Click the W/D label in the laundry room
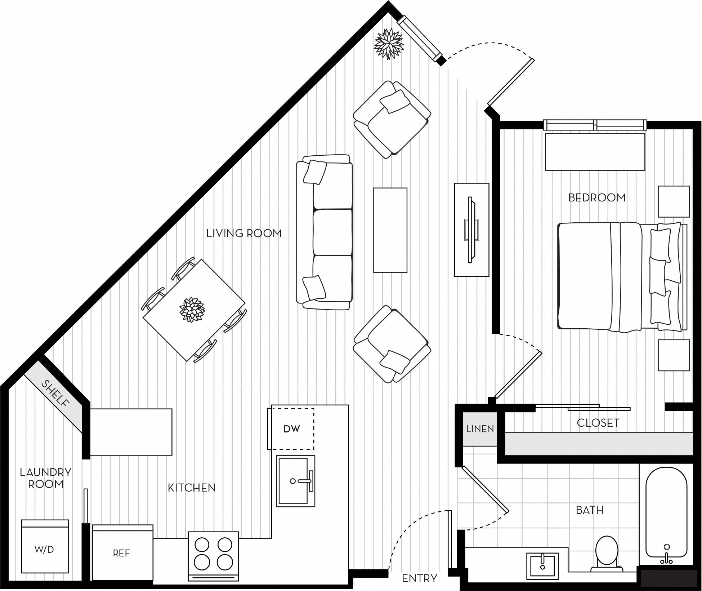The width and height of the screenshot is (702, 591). (x=44, y=550)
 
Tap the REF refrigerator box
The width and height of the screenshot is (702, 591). (x=121, y=553)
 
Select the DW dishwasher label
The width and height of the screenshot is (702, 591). (x=291, y=429)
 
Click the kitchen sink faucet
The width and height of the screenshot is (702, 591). (x=305, y=481)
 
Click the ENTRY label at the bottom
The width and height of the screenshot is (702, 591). (x=419, y=578)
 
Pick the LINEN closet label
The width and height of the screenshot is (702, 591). (x=480, y=429)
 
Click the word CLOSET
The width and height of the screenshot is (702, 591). (x=598, y=423)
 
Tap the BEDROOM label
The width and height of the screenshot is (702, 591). (x=597, y=197)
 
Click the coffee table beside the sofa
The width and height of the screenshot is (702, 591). (x=390, y=230)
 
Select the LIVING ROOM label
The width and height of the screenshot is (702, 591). (x=244, y=234)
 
